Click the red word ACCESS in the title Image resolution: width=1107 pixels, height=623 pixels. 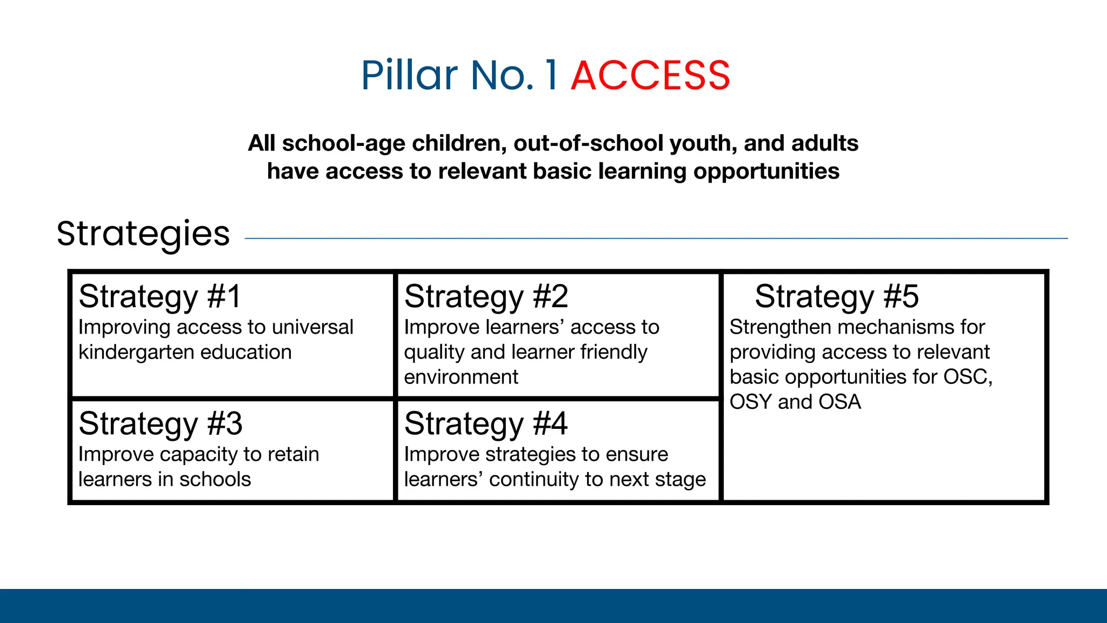(650, 75)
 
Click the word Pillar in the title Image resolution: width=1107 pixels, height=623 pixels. (409, 75)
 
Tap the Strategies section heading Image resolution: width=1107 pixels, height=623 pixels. (143, 234)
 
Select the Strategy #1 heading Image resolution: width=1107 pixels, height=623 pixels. (159, 297)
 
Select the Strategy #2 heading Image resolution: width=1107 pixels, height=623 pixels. (486, 297)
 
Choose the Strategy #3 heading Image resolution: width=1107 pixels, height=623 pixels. (161, 423)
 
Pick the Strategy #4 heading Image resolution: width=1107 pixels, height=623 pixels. (486, 423)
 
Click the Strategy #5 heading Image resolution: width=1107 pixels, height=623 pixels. (836, 297)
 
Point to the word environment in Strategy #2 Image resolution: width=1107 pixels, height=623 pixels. (461, 377)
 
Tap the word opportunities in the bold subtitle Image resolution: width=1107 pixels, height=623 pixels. (766, 171)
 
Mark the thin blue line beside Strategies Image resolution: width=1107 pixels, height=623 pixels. (656, 238)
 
